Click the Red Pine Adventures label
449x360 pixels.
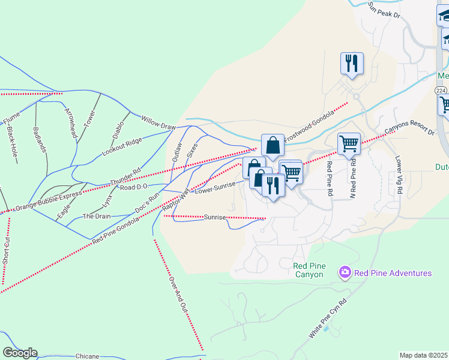click(393, 274)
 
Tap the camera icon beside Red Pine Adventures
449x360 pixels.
click(345, 273)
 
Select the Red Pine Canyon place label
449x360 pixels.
click(309, 270)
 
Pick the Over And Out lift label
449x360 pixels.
click(178, 293)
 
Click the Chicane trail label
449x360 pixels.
click(87, 356)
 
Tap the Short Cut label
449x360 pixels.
click(6, 251)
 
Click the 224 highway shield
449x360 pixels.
click(441, 90)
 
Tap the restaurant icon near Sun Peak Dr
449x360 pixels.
click(351, 63)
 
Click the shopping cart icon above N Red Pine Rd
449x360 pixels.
click(349, 143)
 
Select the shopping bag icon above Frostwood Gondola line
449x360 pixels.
click(273, 145)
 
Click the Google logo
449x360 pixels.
click(19, 353)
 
